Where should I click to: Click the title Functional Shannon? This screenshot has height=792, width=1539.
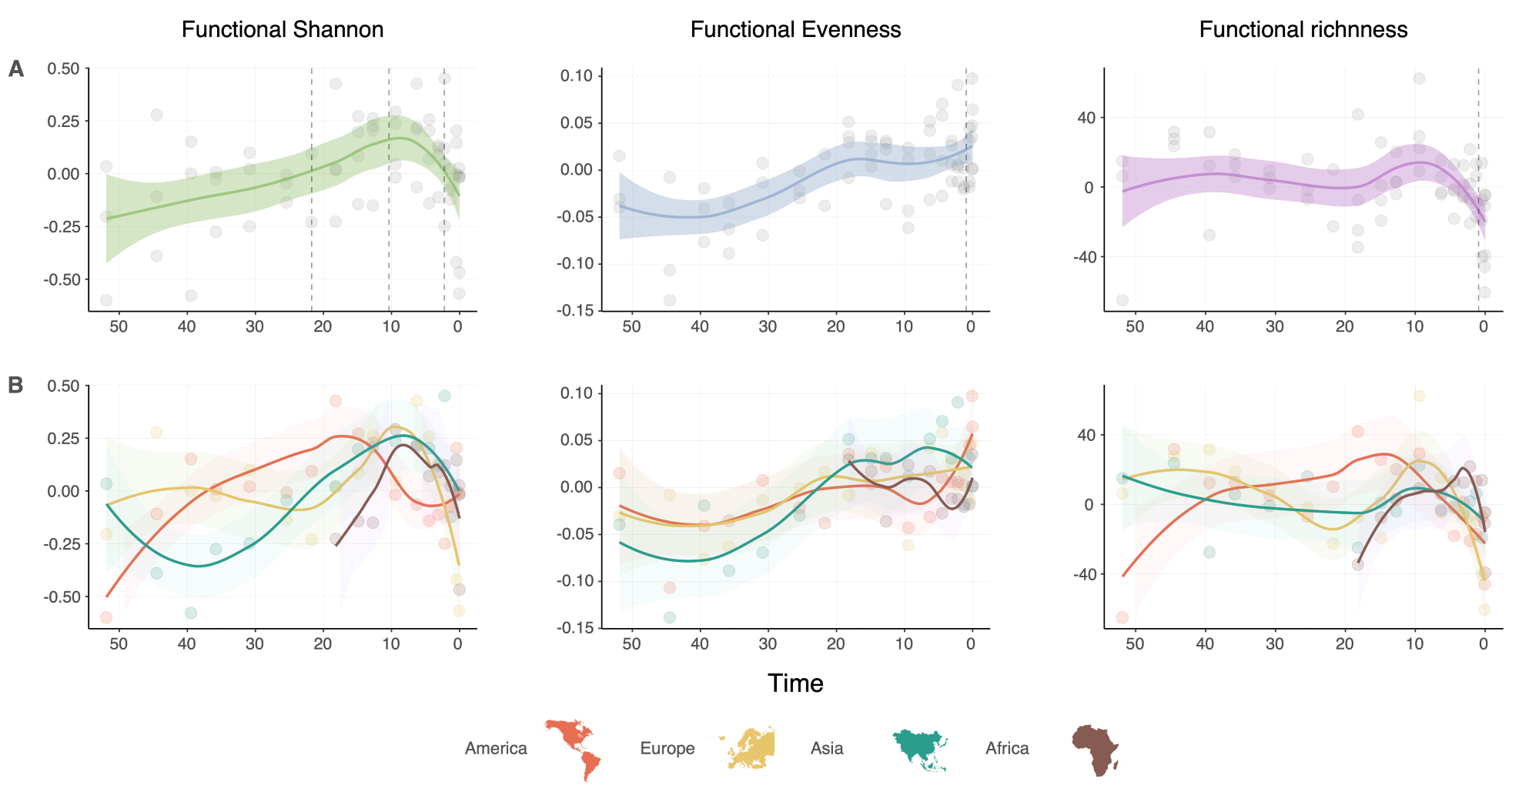point(283,30)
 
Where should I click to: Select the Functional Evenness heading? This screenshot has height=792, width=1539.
point(795,30)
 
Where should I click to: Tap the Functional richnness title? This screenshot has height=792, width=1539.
point(1303,30)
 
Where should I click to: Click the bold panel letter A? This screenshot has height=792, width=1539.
point(16,69)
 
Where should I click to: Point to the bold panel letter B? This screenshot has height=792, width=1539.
point(15,386)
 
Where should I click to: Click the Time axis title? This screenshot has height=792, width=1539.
point(795,683)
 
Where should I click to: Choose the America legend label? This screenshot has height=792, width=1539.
point(496,748)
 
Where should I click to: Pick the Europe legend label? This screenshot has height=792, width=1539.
point(667,748)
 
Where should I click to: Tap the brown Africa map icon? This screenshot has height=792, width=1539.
point(1096,749)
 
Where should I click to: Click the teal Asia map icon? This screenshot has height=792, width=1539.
point(920,749)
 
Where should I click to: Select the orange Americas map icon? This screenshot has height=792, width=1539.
point(573,749)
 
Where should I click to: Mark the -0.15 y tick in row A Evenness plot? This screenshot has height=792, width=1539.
point(576,310)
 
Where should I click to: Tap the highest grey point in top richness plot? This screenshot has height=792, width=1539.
point(1419,79)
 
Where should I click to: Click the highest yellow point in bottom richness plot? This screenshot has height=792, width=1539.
point(1419,396)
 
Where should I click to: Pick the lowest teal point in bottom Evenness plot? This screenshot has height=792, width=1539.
point(670,617)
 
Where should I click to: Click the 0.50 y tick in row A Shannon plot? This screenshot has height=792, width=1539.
point(63,69)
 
